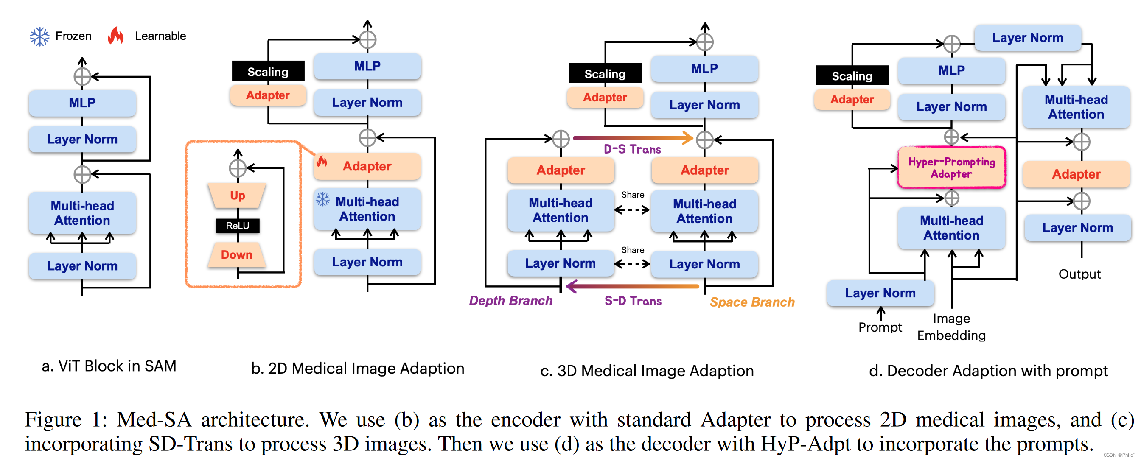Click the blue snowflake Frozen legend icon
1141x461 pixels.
pos(39,36)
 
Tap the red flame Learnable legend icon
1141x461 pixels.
pos(115,36)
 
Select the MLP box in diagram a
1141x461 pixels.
pos(82,103)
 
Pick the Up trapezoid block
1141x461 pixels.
pos(238,195)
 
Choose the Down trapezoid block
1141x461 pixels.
pos(236,254)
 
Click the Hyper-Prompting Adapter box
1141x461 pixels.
pos(951,168)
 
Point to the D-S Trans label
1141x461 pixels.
pos(632,149)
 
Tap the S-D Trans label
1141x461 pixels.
pos(633,301)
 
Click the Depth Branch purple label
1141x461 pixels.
pos(510,301)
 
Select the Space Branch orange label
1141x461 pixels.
pos(751,302)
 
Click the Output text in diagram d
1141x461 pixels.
pos(1079,274)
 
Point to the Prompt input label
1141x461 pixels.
pos(880,327)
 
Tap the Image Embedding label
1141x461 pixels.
pos(951,327)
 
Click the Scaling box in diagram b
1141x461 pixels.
pos(268,71)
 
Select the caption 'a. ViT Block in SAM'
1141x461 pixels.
pos(109,366)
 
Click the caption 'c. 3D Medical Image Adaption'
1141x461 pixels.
pos(647,371)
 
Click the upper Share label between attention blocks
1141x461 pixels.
pos(633,194)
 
